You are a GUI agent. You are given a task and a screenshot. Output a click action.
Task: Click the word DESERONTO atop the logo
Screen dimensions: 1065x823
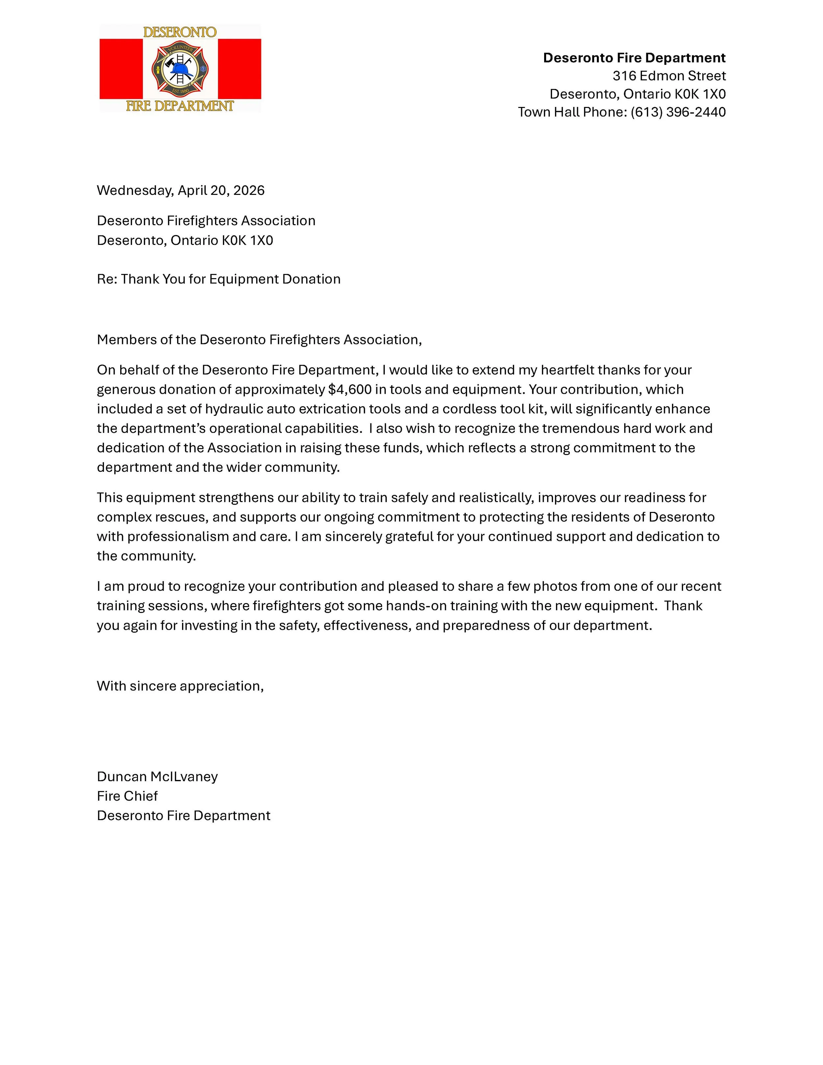coord(180,32)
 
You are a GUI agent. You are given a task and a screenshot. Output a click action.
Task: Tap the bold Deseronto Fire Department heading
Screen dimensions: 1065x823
coord(634,58)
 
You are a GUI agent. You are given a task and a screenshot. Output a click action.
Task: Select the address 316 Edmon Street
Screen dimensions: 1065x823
coord(669,76)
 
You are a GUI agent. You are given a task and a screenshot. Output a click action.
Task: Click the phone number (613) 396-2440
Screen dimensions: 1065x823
coord(678,112)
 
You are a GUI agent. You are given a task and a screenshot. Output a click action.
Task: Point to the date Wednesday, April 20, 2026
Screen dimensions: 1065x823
coord(180,190)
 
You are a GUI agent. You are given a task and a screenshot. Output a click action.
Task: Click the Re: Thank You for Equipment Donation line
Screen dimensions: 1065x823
coord(219,279)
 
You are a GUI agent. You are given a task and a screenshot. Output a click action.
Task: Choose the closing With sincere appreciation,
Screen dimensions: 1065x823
coord(180,686)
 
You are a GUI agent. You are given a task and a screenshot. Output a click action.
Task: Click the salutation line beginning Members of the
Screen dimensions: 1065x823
coord(259,340)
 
